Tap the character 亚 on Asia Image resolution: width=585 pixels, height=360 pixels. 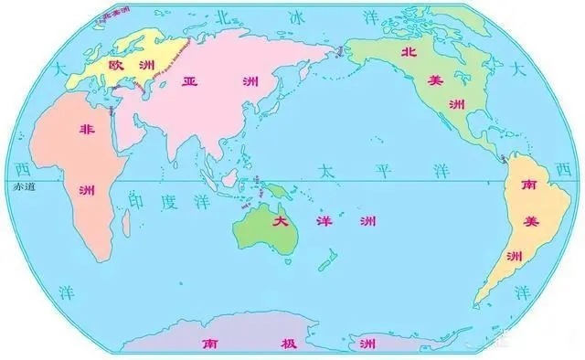coord(190,79)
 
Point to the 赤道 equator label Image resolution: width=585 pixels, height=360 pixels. coord(23,186)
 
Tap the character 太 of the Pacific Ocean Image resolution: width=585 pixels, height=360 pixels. coord(324,171)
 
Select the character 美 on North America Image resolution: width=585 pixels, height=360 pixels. coord(435,79)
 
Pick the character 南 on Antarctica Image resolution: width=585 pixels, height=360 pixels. coord(210,344)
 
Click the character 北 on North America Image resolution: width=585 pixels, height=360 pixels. coord(409,53)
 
